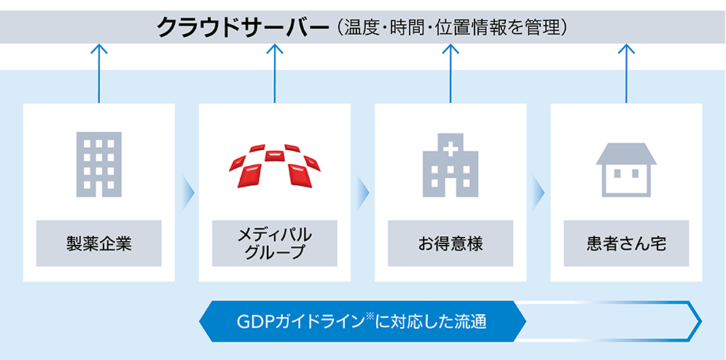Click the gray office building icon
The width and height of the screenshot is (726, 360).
pyautogui.click(x=99, y=163)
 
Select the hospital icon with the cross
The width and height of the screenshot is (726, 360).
pyautogui.click(x=450, y=165)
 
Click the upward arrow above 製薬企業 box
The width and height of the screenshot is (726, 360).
pyautogui.click(x=99, y=73)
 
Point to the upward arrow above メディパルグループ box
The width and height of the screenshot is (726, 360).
pyautogui.click(x=275, y=73)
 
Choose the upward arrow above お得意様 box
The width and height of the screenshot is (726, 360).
pyautogui.click(x=450, y=73)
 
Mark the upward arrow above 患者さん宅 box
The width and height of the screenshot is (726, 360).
pyautogui.click(x=626, y=73)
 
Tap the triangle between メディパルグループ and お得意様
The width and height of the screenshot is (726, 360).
pyautogui.click(x=364, y=192)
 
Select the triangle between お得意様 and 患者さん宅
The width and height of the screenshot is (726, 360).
pyautogui.click(x=539, y=192)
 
